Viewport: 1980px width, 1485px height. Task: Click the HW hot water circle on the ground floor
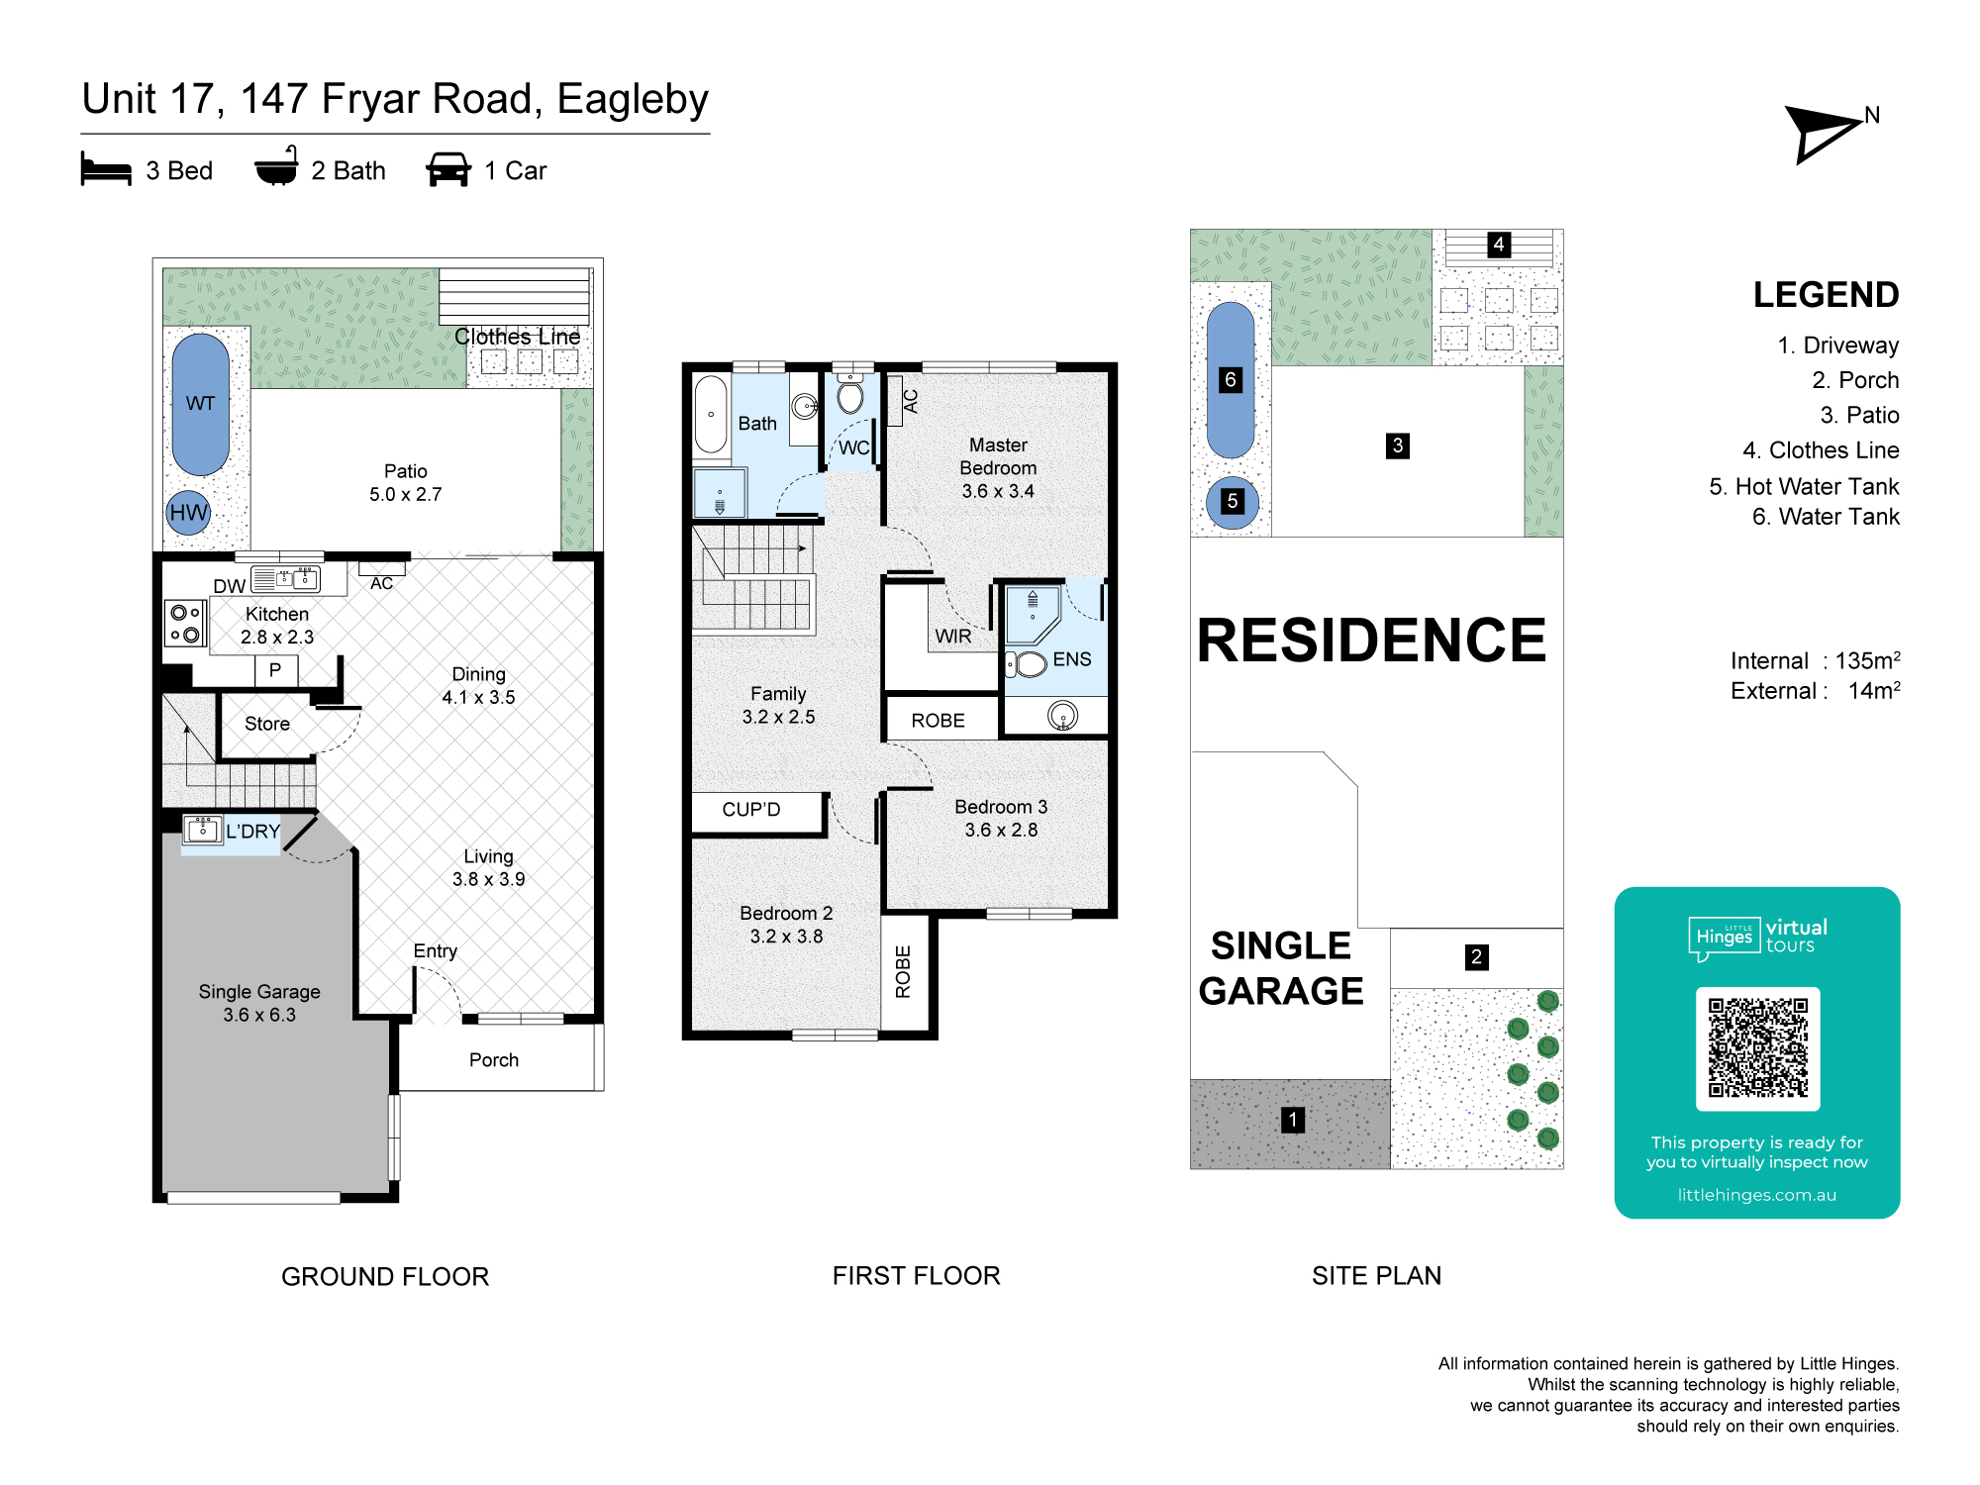(x=188, y=512)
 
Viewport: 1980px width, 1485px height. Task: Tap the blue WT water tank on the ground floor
(x=201, y=404)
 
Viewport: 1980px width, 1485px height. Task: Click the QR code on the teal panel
(x=1757, y=1048)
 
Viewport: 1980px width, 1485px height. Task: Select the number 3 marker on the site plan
(x=1397, y=445)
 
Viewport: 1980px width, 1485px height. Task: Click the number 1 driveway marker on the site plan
(x=1292, y=1120)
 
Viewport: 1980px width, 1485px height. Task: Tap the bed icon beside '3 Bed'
(x=106, y=169)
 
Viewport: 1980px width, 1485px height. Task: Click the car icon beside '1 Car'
(x=448, y=169)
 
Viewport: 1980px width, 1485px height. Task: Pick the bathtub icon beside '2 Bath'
(x=276, y=166)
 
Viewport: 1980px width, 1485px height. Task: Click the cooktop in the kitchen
(x=185, y=623)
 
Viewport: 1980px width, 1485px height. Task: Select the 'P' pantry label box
(x=275, y=670)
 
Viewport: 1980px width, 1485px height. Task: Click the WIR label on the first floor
(x=953, y=637)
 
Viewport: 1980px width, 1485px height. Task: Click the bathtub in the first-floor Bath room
(x=711, y=415)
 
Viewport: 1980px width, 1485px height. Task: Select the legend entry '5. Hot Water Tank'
(x=1804, y=486)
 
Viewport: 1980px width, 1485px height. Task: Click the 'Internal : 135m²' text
(x=1815, y=660)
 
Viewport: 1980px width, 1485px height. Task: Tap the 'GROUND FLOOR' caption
(x=385, y=1276)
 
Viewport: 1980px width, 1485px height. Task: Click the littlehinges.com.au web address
(x=1756, y=1195)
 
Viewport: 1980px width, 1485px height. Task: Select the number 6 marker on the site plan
(x=1230, y=379)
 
